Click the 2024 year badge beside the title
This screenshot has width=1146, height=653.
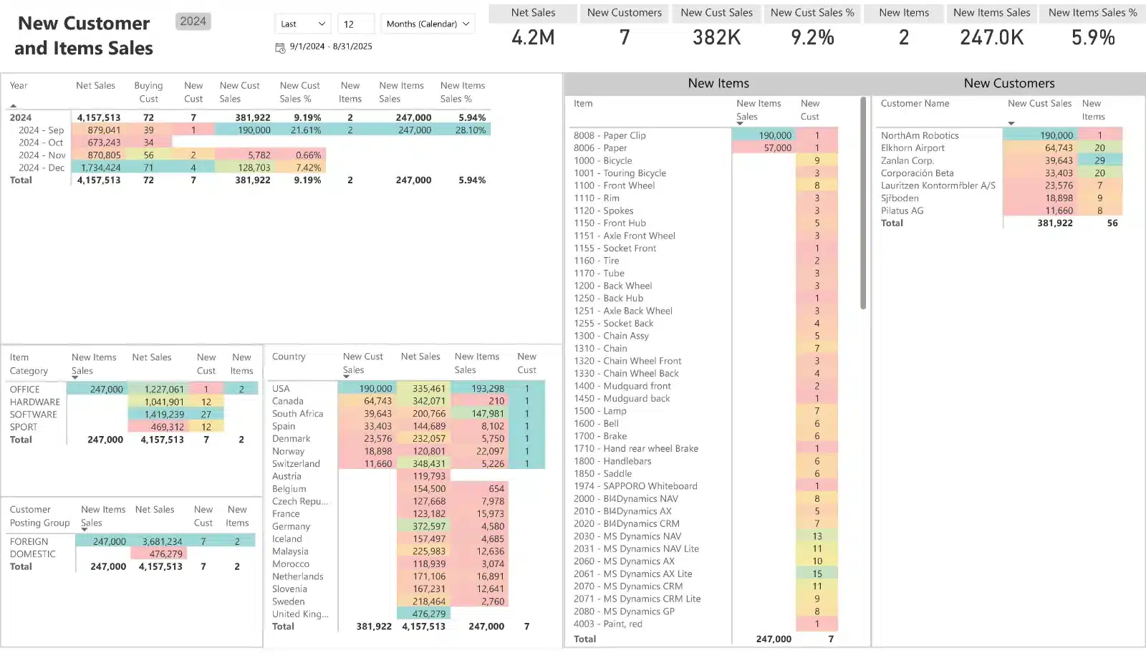[x=193, y=21]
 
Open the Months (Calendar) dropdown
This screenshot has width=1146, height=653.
[x=428, y=24]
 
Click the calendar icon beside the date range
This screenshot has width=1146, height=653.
[x=280, y=47]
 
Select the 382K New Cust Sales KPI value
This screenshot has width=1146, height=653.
[x=716, y=37]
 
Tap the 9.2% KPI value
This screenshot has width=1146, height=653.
[x=812, y=37]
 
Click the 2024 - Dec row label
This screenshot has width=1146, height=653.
[x=41, y=168]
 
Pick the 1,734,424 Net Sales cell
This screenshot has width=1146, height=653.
[x=101, y=168]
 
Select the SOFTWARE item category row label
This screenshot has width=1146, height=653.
[x=33, y=415]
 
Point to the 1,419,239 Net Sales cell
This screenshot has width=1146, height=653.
[x=164, y=415]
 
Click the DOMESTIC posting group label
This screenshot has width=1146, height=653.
[x=32, y=554]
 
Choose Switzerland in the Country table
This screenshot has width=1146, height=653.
[x=296, y=464]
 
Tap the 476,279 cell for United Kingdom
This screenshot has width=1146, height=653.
[x=429, y=614]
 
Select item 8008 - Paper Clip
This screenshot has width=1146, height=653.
[x=610, y=135]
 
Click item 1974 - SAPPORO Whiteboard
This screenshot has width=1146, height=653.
[x=635, y=486]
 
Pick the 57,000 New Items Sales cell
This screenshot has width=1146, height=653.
[x=778, y=148]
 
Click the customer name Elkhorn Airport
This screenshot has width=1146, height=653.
[x=913, y=148]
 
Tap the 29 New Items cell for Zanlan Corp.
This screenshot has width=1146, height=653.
[x=1099, y=160]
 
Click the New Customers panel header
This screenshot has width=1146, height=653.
[x=1008, y=83]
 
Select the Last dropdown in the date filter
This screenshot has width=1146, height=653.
[x=302, y=24]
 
